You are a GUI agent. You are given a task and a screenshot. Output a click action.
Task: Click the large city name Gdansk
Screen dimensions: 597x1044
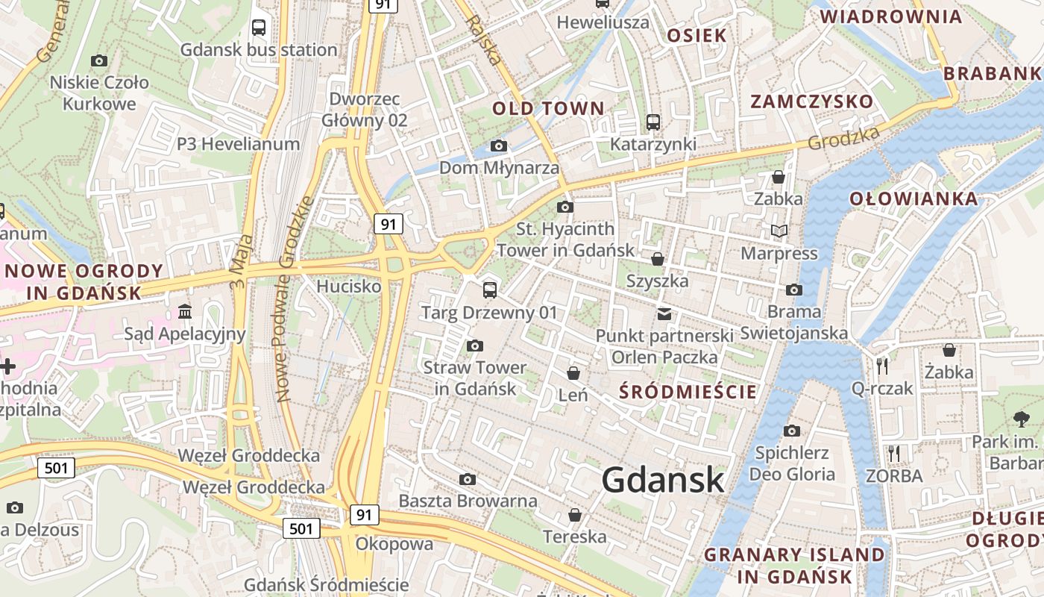click(x=662, y=479)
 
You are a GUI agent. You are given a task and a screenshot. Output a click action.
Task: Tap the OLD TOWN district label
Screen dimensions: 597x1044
click(x=548, y=108)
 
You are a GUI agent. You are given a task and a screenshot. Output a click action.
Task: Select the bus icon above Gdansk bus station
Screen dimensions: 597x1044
click(x=259, y=28)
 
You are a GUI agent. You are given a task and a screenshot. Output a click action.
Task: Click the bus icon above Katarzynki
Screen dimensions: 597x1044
click(x=653, y=122)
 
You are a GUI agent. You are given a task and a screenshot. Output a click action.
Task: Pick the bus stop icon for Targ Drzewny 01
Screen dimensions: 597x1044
click(x=490, y=290)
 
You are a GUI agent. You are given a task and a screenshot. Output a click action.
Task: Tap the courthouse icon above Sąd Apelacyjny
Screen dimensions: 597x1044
click(x=184, y=310)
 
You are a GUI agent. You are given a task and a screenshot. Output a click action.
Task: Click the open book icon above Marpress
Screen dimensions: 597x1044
click(x=779, y=231)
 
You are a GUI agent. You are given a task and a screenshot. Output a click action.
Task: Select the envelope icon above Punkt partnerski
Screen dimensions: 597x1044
click(x=664, y=313)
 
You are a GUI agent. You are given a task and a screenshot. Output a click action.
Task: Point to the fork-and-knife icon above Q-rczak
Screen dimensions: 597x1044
click(x=883, y=366)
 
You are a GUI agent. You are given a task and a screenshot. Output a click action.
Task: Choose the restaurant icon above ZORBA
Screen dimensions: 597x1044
click(x=894, y=453)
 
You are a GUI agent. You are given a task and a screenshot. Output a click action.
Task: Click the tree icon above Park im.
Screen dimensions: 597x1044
click(x=1021, y=419)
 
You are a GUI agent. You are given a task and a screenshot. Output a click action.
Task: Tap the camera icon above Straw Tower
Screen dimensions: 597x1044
click(x=474, y=346)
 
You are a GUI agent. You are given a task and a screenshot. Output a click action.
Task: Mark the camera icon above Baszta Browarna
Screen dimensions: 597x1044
click(x=468, y=478)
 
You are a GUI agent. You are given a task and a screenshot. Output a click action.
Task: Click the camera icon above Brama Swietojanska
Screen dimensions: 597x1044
click(x=794, y=290)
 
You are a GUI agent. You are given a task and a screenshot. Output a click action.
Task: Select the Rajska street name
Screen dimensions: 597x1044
click(x=482, y=39)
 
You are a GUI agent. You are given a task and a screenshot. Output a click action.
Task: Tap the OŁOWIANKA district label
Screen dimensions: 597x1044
click(x=913, y=199)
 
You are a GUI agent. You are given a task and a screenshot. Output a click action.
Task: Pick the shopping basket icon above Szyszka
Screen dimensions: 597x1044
click(x=658, y=259)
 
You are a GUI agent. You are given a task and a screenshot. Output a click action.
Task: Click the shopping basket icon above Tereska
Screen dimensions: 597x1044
click(x=575, y=514)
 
